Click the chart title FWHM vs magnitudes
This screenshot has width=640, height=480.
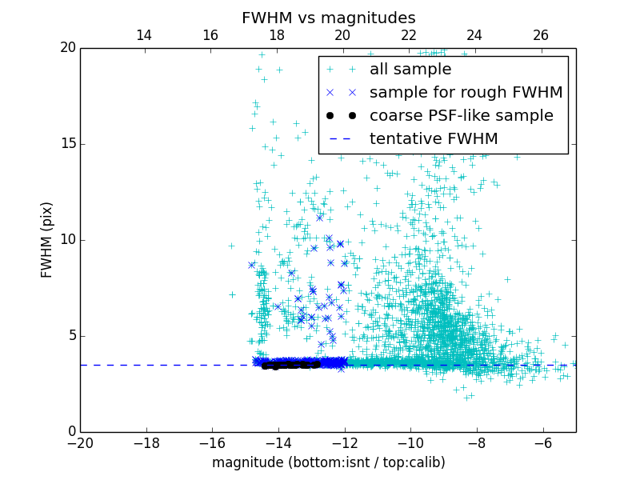coord(328,18)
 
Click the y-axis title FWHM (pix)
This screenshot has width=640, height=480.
coord(47,240)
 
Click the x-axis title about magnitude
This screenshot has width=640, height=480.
coord(328,462)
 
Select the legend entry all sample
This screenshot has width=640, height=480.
coord(410,70)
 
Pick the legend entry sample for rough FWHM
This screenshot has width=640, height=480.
coord(466,93)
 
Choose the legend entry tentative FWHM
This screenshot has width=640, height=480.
coord(434,139)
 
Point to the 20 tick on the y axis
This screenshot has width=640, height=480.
coord(67,48)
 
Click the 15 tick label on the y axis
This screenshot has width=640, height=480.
coord(67,144)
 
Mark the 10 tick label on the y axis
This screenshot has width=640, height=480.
coord(67,240)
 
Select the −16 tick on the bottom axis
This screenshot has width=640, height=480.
coord(212,442)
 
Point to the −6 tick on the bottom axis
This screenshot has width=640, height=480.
coord(543,442)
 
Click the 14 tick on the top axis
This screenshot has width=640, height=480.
coord(144,35)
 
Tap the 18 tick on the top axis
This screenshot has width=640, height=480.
coord(277,35)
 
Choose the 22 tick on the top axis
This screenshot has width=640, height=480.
coord(409,35)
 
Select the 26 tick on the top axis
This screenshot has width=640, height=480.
coord(541,35)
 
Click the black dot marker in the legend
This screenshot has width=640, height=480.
coord(340,116)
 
